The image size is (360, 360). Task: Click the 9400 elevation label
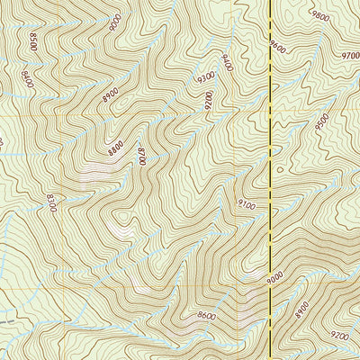point(227,63)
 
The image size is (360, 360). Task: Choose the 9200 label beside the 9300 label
point(212,107)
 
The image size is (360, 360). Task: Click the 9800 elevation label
point(319,15)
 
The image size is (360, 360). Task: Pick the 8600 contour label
point(206,316)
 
